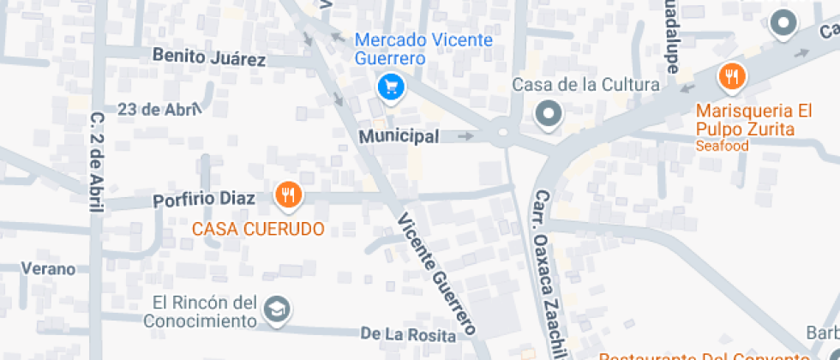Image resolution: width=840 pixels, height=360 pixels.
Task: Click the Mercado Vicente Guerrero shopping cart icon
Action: [x=391, y=87]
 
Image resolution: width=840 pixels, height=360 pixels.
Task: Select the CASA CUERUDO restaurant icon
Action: [x=289, y=195]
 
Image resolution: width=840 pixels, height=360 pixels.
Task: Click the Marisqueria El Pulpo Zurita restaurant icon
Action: [x=731, y=77]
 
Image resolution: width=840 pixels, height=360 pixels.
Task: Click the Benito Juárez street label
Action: [x=209, y=57]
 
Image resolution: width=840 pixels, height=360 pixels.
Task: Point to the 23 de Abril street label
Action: [x=159, y=109]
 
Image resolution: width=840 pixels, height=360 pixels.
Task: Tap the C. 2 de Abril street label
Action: [x=97, y=163]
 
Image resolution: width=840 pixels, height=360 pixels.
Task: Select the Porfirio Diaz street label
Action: [x=204, y=200]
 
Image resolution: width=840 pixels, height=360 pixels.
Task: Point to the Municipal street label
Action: [x=399, y=136]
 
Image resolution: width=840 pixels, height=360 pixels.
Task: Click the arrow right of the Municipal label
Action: [x=465, y=135]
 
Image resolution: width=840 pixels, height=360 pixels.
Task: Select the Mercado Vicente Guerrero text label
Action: [x=423, y=49]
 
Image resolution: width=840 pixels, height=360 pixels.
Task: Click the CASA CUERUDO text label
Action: [x=257, y=229]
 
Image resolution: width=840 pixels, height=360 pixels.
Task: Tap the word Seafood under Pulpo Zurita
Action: [x=723, y=146]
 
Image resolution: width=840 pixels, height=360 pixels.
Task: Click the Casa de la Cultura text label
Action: [x=585, y=85]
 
